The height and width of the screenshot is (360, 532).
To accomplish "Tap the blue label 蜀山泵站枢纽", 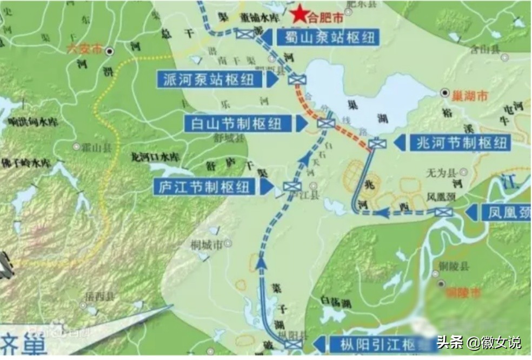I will (x=327, y=37).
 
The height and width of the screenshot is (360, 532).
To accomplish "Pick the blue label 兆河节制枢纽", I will (x=460, y=143).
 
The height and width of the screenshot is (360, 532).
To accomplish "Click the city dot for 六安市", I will (x=110, y=51).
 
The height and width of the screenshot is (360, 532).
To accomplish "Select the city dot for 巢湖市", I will (x=444, y=93).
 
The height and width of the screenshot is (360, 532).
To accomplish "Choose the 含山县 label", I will (x=485, y=50).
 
